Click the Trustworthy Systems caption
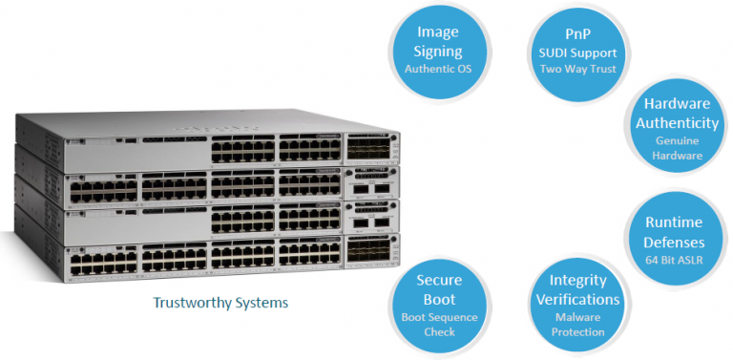click(220, 303)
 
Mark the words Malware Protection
click(577, 325)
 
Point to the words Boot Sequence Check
click(439, 325)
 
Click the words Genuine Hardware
click(680, 148)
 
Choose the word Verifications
click(577, 299)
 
